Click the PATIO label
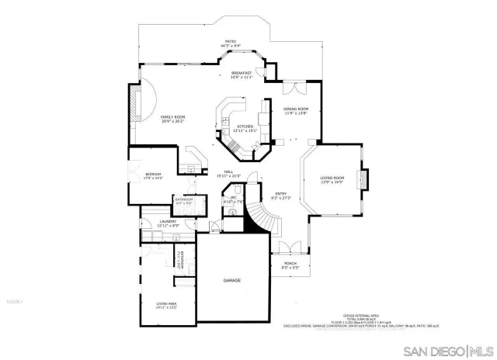(231, 41)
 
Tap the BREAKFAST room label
(242, 72)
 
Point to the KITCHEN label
(245, 126)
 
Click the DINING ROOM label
(296, 109)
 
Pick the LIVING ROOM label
(332, 178)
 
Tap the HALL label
(229, 171)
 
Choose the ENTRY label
(281, 194)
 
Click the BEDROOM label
(153, 175)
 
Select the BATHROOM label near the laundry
(183, 200)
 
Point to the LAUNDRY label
(169, 222)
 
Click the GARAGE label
(232, 279)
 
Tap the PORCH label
(290, 264)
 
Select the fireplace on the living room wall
(362, 179)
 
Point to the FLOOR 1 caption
(15, 301)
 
